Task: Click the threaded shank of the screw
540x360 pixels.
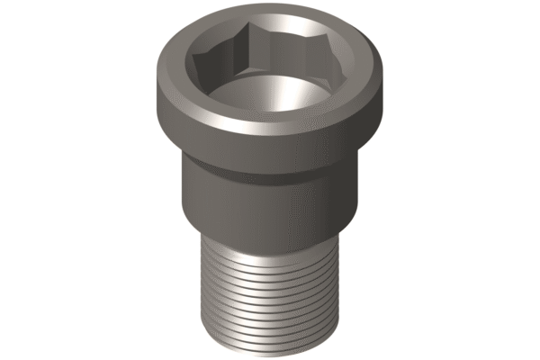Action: pos(270,288)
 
